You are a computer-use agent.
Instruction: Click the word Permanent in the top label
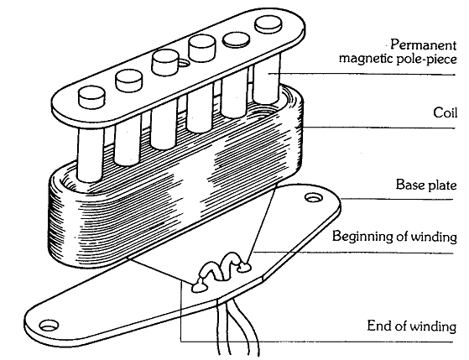[x=419, y=43]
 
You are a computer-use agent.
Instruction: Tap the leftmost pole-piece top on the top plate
[x=90, y=99]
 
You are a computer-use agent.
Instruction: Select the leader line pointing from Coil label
[x=378, y=128]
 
